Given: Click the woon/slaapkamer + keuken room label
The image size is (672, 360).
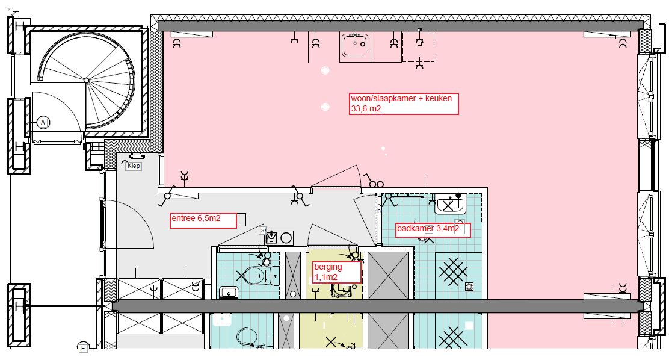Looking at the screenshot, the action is [404, 104].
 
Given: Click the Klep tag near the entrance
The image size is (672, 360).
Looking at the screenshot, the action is [134, 166].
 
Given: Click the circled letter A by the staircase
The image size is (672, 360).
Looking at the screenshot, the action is [43, 123].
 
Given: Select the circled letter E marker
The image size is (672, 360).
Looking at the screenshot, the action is [82, 347].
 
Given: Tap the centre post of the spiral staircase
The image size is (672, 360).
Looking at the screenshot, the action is [87, 80].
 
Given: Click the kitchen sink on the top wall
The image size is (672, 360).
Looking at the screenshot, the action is [356, 45].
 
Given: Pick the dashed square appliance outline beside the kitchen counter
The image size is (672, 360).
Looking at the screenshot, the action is [418, 47].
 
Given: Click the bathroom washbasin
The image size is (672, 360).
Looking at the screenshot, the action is [449, 204].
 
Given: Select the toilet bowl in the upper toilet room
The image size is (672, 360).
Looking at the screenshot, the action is [255, 275].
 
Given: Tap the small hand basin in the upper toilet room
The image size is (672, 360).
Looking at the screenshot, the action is [229, 293].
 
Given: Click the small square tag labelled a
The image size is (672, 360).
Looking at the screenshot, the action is [263, 231].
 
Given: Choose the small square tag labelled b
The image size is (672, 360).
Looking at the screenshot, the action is [379, 211].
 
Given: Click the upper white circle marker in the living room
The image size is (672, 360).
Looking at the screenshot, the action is [325, 70].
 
